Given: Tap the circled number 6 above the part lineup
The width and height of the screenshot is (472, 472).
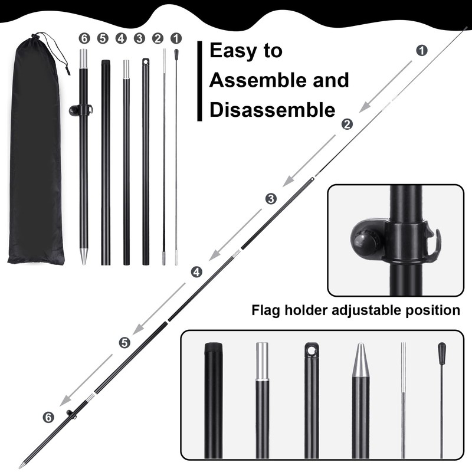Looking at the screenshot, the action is point(84,38).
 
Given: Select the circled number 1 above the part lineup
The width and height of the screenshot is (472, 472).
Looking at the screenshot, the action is point(176,38).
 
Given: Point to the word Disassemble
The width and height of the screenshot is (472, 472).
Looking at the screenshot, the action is point(273,110).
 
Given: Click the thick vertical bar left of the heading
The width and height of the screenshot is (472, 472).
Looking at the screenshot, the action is point(199,81).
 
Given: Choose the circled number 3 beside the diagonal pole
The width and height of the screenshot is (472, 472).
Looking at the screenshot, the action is point(271,199).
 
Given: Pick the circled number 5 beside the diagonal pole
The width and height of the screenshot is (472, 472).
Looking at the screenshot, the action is point(124,343).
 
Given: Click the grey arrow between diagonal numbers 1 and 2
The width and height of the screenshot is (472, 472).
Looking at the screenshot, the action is point(386,87).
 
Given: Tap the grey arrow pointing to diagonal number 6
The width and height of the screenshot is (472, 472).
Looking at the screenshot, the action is point(86,380).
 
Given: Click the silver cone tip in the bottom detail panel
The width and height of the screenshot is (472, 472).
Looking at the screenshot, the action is point(360,360).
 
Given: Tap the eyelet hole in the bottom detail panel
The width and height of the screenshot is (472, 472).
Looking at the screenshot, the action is point(312,350).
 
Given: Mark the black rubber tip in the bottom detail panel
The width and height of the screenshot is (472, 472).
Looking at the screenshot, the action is point(441,350).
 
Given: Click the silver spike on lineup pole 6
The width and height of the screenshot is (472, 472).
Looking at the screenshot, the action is point(84,256).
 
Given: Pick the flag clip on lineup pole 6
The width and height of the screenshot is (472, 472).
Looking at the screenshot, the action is point(81,110).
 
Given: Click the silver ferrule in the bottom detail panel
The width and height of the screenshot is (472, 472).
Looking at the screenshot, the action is point(262,362).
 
